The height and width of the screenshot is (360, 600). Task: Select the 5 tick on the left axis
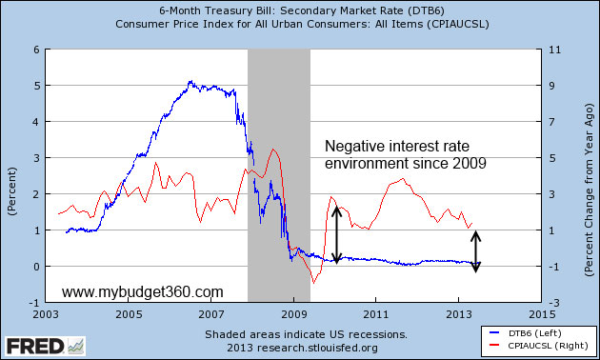tap(36, 86)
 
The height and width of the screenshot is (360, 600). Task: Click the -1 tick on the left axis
tap(34, 302)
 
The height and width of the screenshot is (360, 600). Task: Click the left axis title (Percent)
tap(11, 175)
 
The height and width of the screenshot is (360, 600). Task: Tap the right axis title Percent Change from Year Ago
tap(590, 175)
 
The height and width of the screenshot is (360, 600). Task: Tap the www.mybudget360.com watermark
tap(143, 291)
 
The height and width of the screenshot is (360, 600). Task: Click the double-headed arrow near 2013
tap(477, 250)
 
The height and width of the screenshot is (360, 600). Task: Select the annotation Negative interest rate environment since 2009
tap(406, 155)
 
